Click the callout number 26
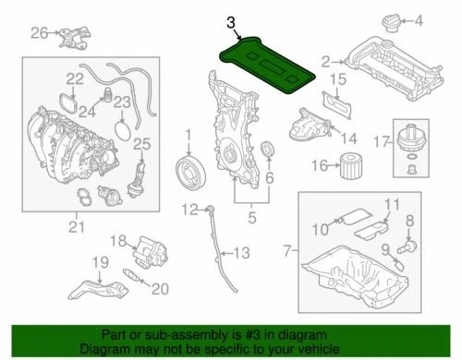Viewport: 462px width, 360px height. click(x=38, y=34)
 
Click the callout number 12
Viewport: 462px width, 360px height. click(x=190, y=210)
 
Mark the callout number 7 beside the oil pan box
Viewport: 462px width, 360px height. click(x=287, y=250)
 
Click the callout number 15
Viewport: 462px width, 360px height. click(x=338, y=82)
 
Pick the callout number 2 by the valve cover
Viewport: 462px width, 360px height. click(x=325, y=62)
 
